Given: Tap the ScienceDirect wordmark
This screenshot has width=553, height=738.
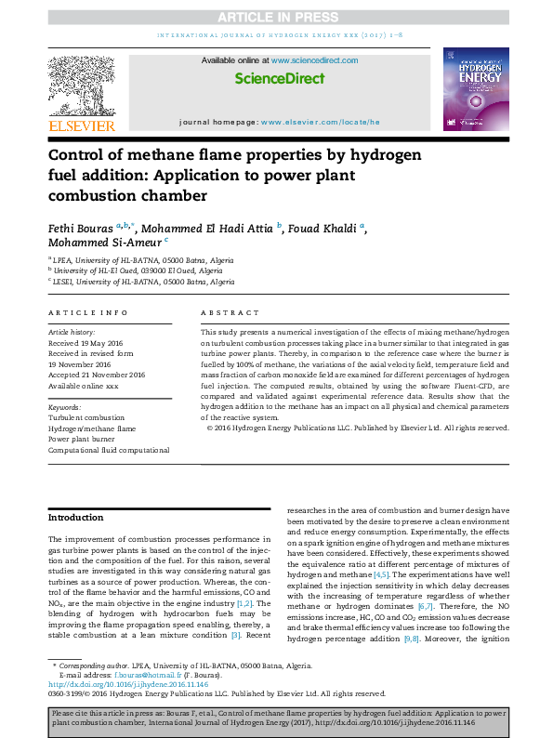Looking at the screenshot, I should (280, 79).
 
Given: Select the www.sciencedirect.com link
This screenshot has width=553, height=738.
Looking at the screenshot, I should (315, 60).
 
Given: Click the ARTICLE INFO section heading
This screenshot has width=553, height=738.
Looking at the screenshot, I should (87, 313).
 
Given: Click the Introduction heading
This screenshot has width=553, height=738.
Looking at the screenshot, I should (76, 518).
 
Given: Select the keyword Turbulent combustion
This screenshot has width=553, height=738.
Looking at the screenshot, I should (86, 418).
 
